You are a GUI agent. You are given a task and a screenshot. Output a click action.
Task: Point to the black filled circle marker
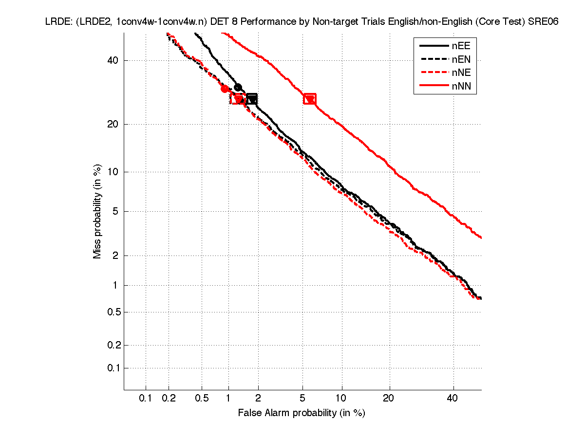pos(238,88)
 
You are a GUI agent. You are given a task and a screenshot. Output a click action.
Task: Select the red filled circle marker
pos(225,89)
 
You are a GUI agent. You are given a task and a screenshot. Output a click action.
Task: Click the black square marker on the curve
pos(251,99)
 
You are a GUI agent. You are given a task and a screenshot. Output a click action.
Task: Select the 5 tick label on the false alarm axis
pos(303,399)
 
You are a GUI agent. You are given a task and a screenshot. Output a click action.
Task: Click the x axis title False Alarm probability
pos(302,413)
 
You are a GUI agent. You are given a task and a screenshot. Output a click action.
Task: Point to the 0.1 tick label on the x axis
pos(146,399)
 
